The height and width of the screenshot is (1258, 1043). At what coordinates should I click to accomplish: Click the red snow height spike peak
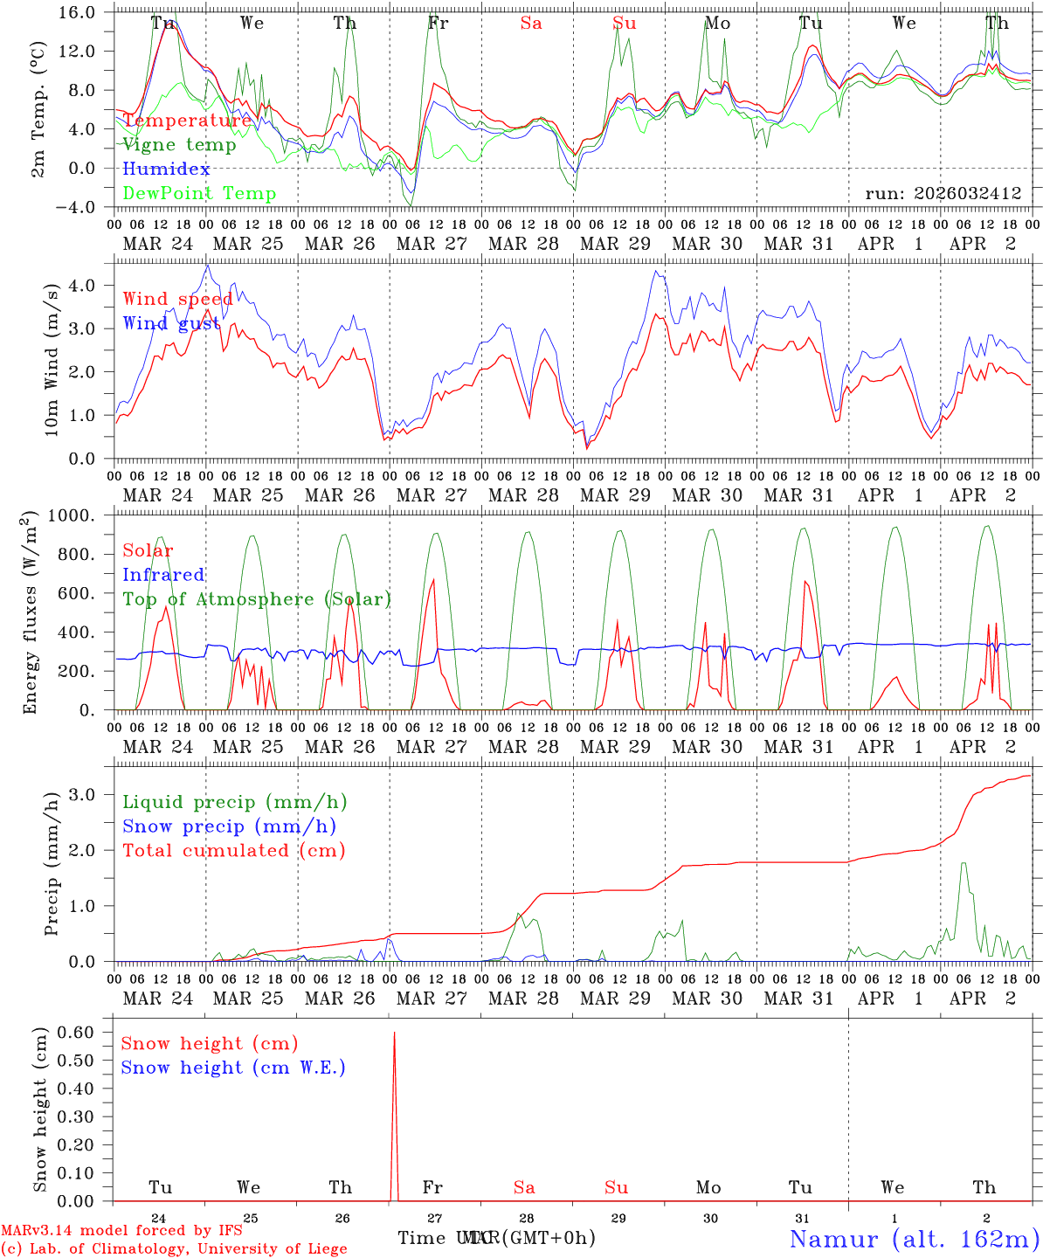click(x=394, y=1033)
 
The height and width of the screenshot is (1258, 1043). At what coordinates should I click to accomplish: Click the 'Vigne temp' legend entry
click(x=179, y=145)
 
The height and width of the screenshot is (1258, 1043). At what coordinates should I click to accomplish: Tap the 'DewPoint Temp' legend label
click(x=199, y=194)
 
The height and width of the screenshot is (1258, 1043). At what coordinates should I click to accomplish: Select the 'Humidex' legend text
click(x=166, y=169)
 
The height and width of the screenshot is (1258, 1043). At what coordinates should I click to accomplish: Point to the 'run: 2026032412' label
click(x=943, y=194)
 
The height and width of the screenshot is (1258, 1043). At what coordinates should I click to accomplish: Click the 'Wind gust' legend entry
click(x=171, y=323)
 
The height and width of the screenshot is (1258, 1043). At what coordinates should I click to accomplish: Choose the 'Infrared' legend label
click(x=163, y=575)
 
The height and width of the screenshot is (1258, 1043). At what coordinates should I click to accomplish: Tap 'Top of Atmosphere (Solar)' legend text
click(x=257, y=599)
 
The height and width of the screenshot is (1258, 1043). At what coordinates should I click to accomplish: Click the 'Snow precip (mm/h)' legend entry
click(x=229, y=826)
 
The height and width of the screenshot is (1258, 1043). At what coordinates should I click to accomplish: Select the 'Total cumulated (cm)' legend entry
click(x=233, y=851)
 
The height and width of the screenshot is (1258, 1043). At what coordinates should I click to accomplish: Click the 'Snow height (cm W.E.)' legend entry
click(x=233, y=1068)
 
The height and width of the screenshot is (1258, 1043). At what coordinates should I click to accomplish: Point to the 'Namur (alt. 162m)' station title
click(x=914, y=1239)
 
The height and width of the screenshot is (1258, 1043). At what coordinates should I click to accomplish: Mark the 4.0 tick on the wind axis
click(x=94, y=285)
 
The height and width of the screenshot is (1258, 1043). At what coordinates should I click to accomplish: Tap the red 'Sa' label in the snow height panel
click(x=524, y=1187)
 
